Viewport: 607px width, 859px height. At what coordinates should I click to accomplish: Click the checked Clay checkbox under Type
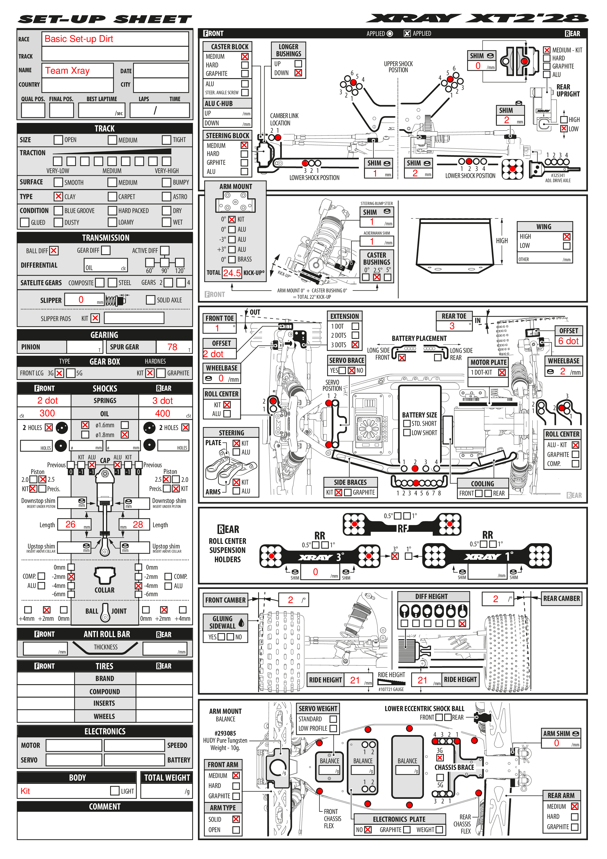tap(58, 196)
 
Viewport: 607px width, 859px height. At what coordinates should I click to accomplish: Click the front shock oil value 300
tap(47, 413)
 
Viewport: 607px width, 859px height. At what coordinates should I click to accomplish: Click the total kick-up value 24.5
tap(232, 273)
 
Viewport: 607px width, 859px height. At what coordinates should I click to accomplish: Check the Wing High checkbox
tap(567, 237)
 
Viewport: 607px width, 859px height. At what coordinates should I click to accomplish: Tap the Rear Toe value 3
tap(452, 326)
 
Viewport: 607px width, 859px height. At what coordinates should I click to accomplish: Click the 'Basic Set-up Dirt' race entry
tap(79, 39)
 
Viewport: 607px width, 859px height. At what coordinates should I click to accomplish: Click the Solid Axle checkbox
tap(150, 300)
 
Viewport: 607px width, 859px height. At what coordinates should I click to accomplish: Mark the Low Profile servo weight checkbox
tap(333, 728)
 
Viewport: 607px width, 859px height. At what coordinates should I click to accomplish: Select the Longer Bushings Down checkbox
tap(298, 72)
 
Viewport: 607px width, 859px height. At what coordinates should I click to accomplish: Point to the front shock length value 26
tap(70, 525)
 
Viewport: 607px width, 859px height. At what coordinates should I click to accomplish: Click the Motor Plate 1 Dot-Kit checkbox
tap(502, 372)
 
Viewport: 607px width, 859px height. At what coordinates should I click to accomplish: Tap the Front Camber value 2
tap(290, 600)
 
